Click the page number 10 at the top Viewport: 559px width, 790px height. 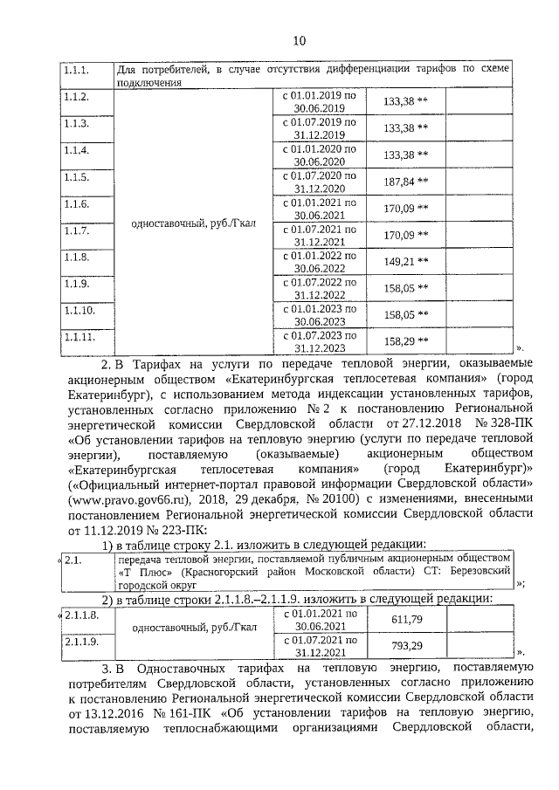[298, 40]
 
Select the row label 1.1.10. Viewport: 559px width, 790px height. [79, 309]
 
